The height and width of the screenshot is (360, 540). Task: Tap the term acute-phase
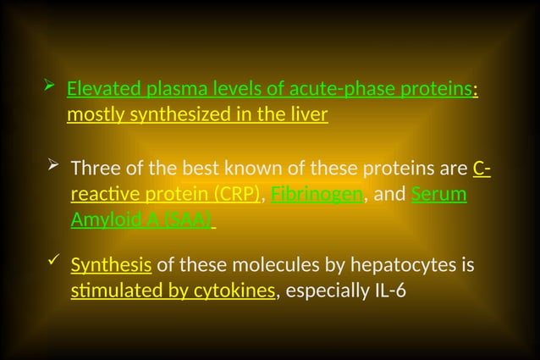pos(310,89)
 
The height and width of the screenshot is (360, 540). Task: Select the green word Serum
pos(438,194)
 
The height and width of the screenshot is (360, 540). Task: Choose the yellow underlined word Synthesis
pos(111,267)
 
